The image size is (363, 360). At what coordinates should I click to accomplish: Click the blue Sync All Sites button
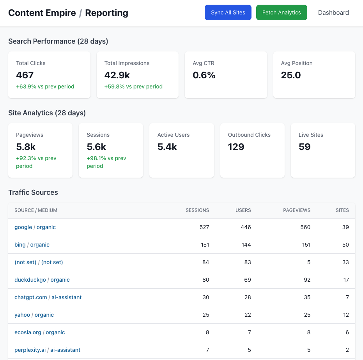point(228,12)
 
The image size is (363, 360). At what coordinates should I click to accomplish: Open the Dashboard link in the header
point(333,12)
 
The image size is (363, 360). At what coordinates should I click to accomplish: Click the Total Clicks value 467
point(25,75)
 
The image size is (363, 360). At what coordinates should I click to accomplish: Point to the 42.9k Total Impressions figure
point(117,75)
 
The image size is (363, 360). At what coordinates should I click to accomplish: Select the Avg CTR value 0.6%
point(204,75)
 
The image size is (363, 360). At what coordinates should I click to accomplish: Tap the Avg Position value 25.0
point(291,75)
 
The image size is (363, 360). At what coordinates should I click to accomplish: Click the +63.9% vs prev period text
point(45,86)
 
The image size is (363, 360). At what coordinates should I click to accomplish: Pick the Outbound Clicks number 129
point(236,147)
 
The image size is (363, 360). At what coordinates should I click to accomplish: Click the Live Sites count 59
point(305,147)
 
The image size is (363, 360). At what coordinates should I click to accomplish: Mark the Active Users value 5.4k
point(167,147)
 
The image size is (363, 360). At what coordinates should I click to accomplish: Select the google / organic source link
point(35,227)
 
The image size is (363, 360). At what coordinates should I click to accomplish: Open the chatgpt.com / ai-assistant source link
point(48,297)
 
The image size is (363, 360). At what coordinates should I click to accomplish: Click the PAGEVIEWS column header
point(297,210)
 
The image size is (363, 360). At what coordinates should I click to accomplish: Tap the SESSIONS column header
point(197,210)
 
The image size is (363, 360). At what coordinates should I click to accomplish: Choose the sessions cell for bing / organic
point(205,245)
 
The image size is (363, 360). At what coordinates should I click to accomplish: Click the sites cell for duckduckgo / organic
point(346,280)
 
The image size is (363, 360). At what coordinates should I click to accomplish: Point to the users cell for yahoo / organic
point(248,315)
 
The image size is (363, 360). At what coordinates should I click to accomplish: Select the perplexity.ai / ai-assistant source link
point(47,350)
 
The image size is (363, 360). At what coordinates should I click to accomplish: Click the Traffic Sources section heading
point(33,192)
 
